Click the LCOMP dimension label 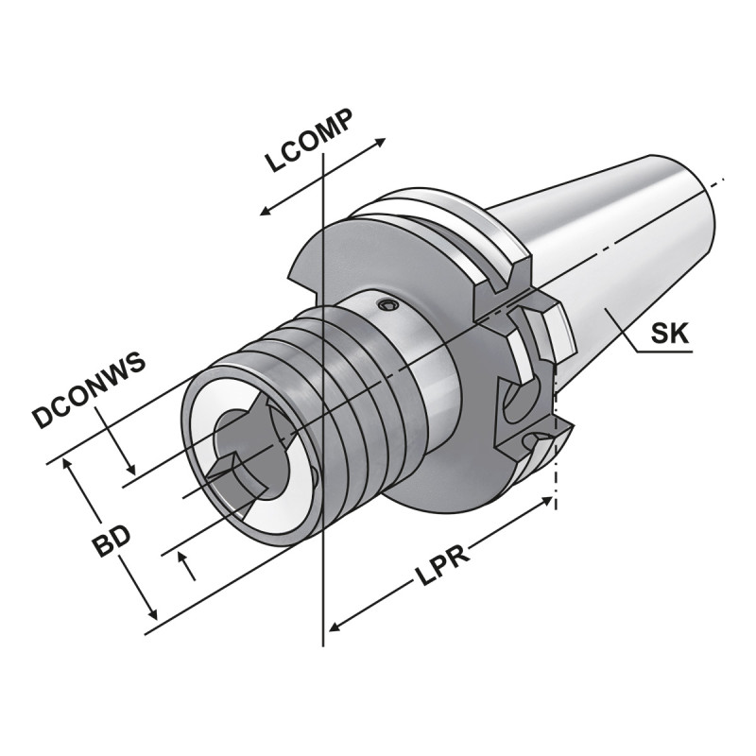click(309, 142)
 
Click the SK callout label click(671, 334)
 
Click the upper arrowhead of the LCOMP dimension click(381, 142)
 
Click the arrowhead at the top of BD click(66, 463)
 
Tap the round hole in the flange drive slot click(515, 403)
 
